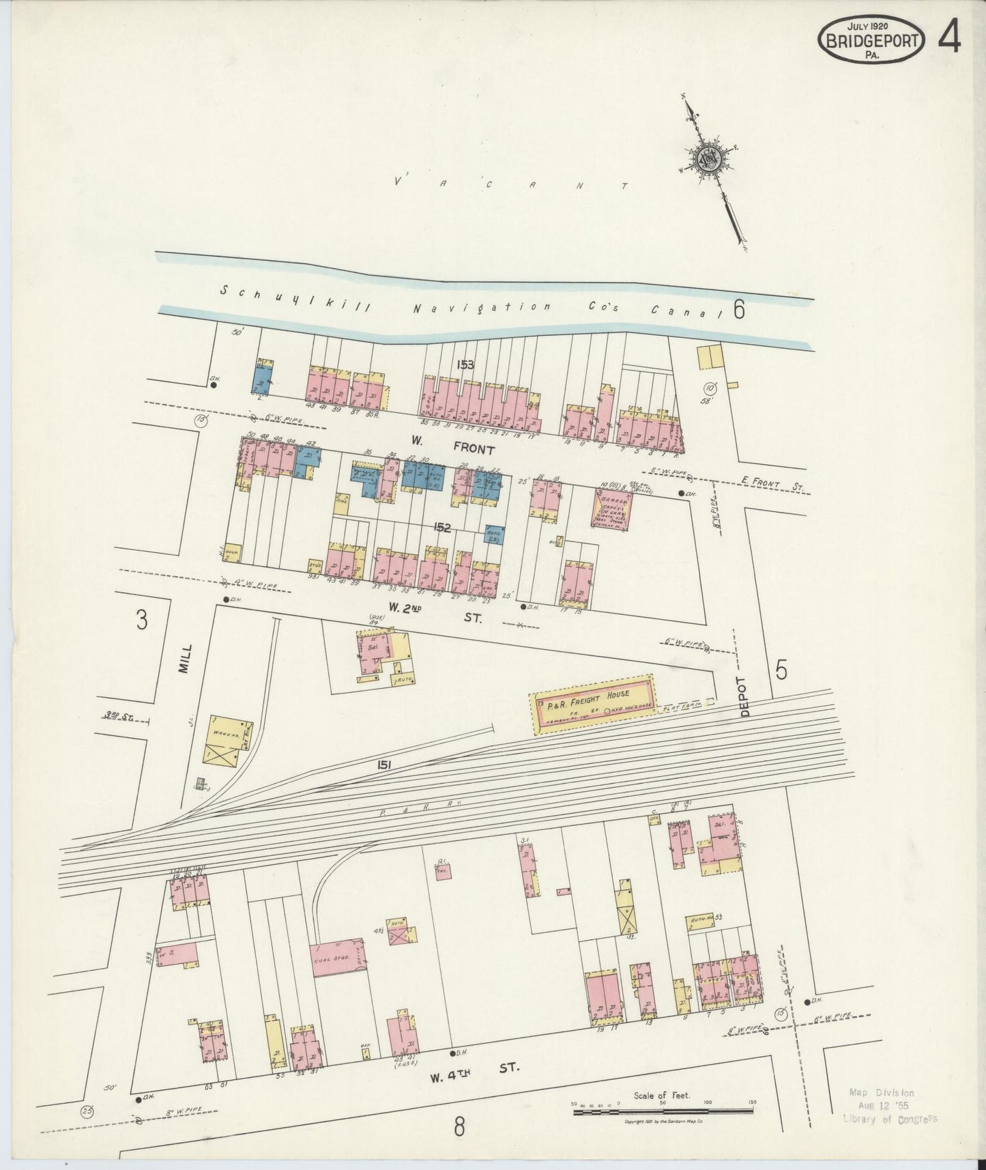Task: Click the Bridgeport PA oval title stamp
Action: (x=871, y=40)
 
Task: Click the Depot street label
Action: (x=744, y=696)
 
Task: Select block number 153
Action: (x=465, y=365)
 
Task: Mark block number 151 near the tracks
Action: (x=383, y=766)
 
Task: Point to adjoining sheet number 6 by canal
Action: (x=738, y=311)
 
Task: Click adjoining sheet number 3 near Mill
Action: (x=141, y=621)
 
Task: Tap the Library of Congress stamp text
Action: (x=890, y=1118)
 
